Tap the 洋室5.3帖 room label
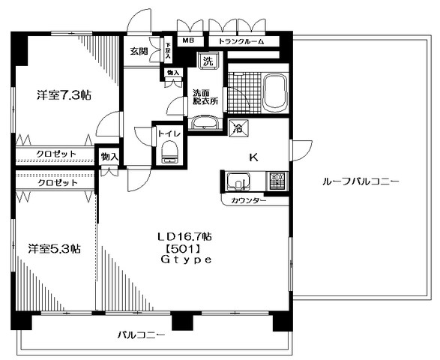55,248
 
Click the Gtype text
186,259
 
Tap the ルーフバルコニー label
360,182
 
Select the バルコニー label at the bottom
140,335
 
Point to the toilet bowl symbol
169,154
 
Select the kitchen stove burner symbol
276,181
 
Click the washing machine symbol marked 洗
204,61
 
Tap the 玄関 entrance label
139,52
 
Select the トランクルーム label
241,42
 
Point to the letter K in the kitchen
254,157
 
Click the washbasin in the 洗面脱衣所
205,122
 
